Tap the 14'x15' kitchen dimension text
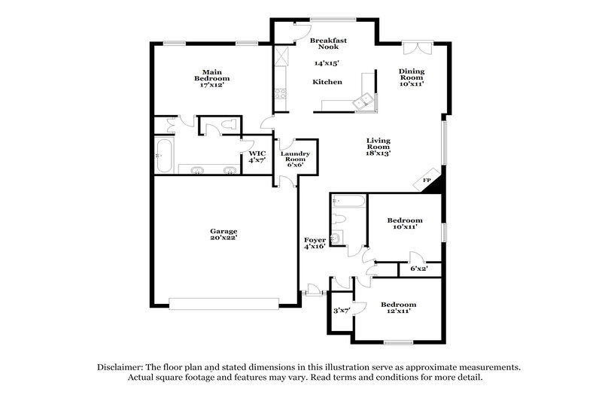[x=327, y=64]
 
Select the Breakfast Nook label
[x=327, y=42]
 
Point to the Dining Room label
[x=412, y=74]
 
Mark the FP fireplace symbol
[x=427, y=181]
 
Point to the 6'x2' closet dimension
[x=419, y=269]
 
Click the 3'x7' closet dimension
[x=341, y=311]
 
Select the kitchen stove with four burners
[x=280, y=94]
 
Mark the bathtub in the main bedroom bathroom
[x=165, y=156]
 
